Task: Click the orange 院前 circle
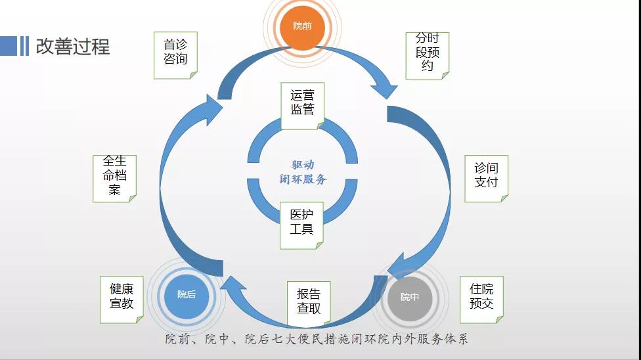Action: (x=303, y=26)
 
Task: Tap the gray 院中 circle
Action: (x=410, y=297)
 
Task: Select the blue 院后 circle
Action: (x=187, y=295)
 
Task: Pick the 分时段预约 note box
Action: (x=427, y=55)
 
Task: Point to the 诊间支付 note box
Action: (x=486, y=177)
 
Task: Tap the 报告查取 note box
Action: (x=308, y=303)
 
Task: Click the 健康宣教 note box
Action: (x=122, y=298)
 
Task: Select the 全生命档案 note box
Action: (x=114, y=177)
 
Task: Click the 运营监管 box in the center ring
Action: (x=302, y=105)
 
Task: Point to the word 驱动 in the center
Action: (x=303, y=165)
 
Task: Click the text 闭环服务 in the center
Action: (x=303, y=179)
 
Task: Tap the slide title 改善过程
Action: (x=72, y=46)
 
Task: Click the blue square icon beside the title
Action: (x=9, y=45)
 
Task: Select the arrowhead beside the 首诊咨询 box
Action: (x=212, y=109)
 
